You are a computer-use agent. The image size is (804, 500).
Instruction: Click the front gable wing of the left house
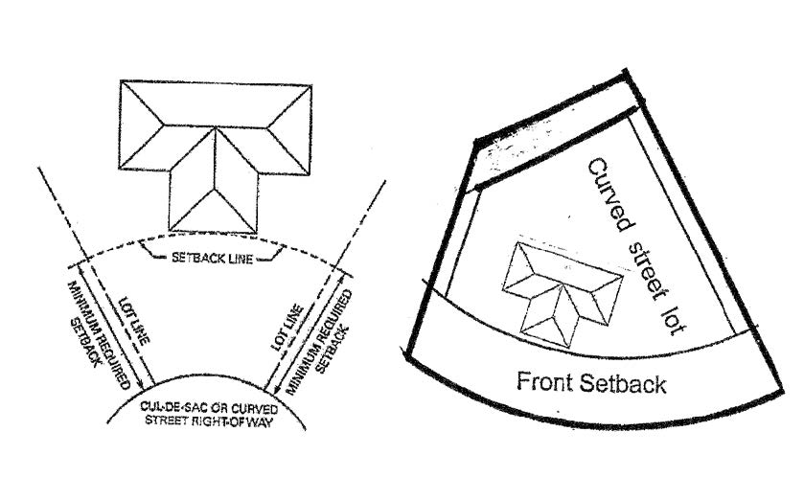(x=212, y=187)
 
